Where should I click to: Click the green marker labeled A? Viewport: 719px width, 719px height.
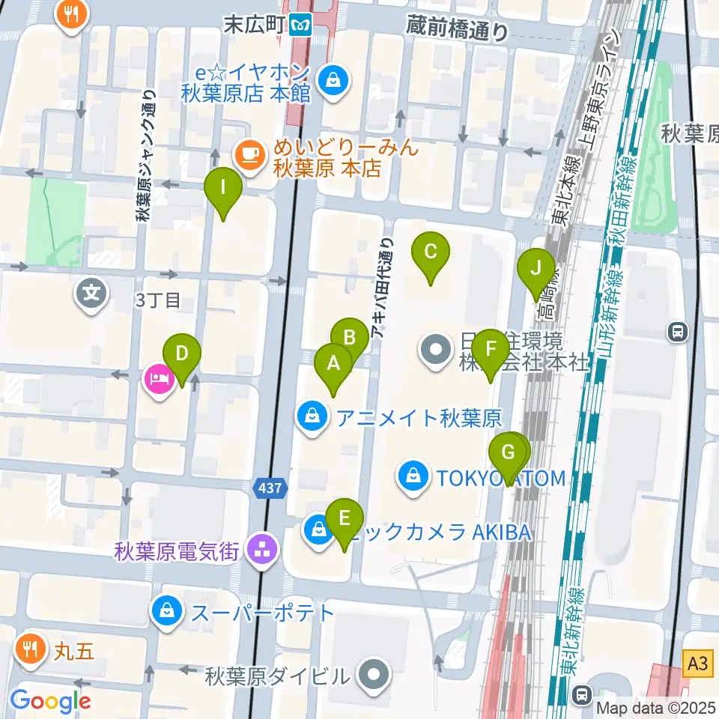tap(333, 365)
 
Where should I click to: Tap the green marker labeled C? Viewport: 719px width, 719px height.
tap(431, 252)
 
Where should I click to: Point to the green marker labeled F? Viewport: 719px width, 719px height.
tap(491, 350)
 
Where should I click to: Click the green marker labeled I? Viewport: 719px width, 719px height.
tap(222, 188)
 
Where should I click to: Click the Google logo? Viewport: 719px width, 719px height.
tap(50, 701)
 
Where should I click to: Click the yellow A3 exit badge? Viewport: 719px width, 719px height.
tap(697, 663)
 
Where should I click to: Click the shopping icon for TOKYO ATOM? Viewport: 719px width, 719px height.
tap(413, 474)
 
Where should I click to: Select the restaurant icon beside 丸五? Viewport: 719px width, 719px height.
tap(30, 649)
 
